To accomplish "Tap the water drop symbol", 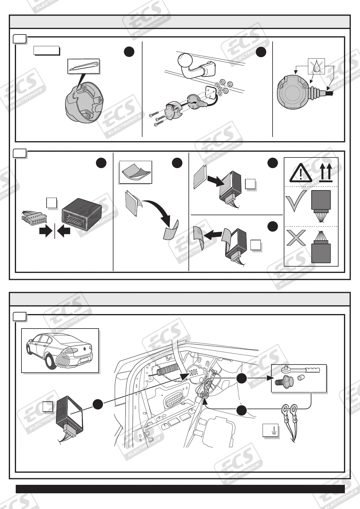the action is pos(316,66).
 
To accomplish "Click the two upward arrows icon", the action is pos(326,172).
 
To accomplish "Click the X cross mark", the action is pos(296,238).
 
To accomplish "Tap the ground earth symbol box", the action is pos(270,430).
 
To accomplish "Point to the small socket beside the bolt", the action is pos(301,379).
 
